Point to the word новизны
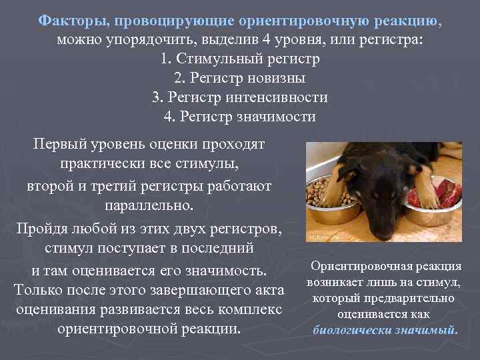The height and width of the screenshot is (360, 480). [273, 78]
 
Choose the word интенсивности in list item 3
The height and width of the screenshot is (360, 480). [283, 97]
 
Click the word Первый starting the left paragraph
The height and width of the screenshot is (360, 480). [62, 145]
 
